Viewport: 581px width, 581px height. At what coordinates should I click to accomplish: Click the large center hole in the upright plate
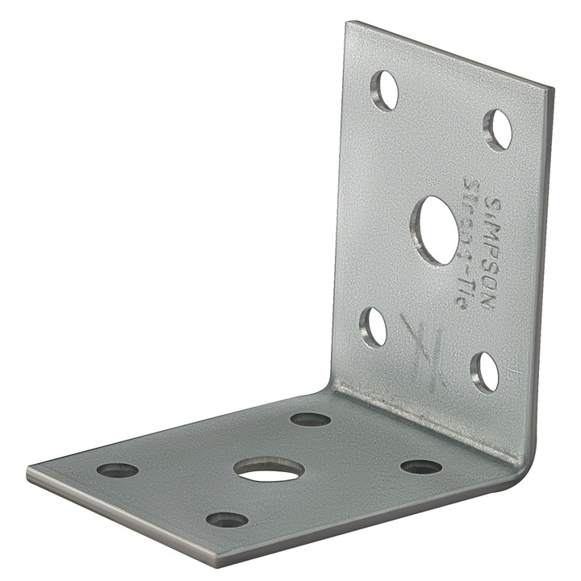[x=435, y=230]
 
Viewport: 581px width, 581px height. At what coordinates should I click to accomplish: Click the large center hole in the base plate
[x=270, y=470]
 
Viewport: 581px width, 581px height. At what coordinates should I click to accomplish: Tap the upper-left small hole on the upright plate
[x=385, y=90]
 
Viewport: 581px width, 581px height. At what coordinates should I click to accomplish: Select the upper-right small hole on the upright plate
[x=498, y=129]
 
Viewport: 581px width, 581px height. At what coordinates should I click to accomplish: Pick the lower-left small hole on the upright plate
[x=373, y=327]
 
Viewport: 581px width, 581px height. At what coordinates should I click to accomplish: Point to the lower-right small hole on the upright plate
[x=485, y=371]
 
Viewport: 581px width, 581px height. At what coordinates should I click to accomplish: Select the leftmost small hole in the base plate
[x=117, y=470]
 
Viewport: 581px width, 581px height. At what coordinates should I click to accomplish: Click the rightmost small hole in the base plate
[x=421, y=467]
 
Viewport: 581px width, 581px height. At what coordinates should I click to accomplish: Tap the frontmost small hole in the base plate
[x=227, y=520]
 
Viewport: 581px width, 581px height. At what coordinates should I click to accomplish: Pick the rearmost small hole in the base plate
[x=311, y=420]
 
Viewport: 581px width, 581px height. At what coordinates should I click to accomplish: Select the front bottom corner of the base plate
[x=219, y=563]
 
